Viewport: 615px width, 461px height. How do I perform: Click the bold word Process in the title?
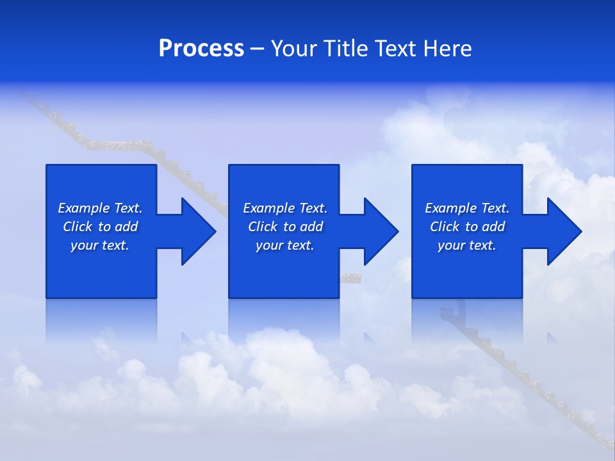coord(201,49)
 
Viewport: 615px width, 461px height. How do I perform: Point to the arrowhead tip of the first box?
coord(215,231)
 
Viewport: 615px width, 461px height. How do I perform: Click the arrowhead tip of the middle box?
coord(398,231)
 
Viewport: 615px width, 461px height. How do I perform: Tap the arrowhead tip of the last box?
coord(581,231)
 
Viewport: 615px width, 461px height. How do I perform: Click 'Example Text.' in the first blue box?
coord(100,208)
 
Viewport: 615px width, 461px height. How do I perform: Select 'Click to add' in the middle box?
coord(285,227)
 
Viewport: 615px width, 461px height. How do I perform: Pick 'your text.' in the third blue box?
coord(466,245)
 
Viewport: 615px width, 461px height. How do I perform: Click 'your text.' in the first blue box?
coord(100,245)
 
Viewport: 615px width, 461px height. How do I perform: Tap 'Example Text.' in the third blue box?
coord(467,208)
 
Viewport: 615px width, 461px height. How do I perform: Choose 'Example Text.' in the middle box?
coord(285,208)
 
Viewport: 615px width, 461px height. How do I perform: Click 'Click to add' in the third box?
coord(467,227)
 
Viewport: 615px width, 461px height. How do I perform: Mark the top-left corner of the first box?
coord(47,166)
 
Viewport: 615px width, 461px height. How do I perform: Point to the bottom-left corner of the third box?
coord(413,297)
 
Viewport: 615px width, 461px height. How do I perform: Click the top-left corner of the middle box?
coord(229,166)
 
